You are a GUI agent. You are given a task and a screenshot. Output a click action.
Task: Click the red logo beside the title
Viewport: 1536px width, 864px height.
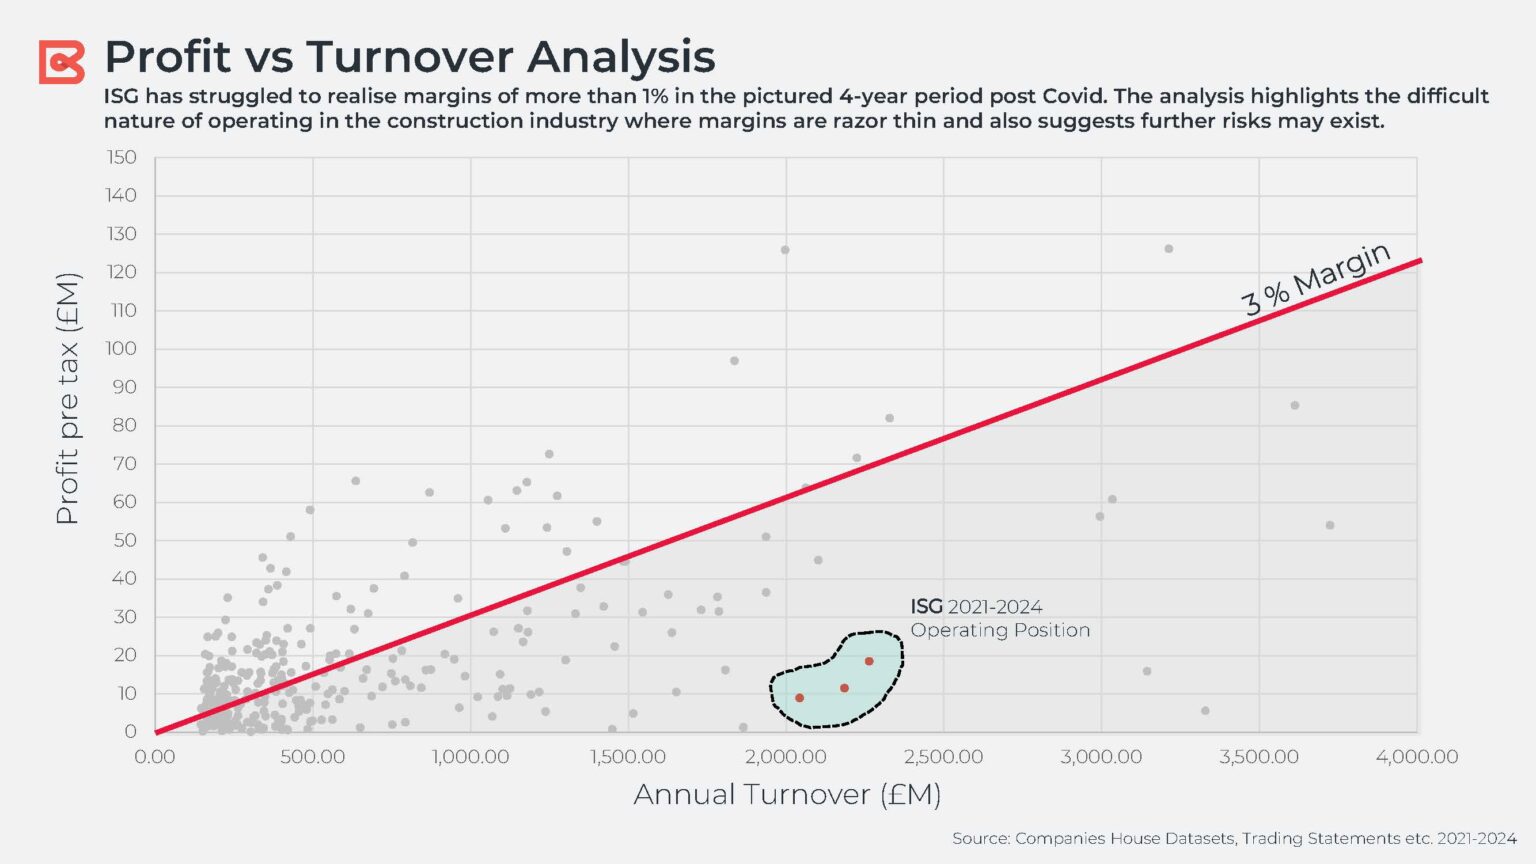[x=61, y=62]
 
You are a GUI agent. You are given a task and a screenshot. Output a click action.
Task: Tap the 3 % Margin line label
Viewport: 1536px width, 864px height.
[x=1315, y=279]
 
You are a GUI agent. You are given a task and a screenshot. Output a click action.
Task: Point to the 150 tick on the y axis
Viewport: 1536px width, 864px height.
[x=121, y=157]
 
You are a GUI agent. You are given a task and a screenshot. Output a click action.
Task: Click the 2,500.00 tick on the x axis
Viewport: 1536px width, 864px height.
[x=943, y=757]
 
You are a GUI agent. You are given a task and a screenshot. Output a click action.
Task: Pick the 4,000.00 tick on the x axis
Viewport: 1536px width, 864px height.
[x=1416, y=757]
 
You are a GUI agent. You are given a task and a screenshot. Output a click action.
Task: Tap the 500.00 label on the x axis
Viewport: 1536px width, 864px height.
[x=312, y=757]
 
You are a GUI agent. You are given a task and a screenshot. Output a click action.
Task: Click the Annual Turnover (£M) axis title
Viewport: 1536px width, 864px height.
[x=787, y=794]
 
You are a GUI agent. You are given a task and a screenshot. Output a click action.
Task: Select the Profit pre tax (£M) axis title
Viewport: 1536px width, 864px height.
[x=67, y=398]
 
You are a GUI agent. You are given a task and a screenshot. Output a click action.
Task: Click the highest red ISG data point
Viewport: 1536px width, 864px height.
[x=869, y=661]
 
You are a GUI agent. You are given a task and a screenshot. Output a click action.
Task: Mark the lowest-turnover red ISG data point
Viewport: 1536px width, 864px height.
[x=799, y=698]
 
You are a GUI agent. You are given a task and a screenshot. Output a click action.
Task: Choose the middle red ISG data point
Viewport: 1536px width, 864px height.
[x=844, y=688]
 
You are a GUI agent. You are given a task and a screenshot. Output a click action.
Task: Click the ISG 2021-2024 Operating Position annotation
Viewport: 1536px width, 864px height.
[x=999, y=618]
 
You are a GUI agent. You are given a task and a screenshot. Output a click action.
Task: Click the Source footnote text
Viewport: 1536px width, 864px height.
[x=1233, y=838]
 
